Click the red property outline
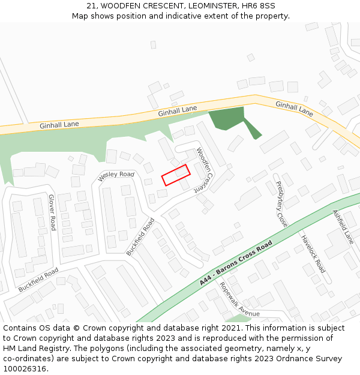point(176,175)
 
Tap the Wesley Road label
point(116,174)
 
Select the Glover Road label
point(52,212)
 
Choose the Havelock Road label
point(313,253)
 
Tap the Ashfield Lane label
point(343,226)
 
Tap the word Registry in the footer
point(62,349)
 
